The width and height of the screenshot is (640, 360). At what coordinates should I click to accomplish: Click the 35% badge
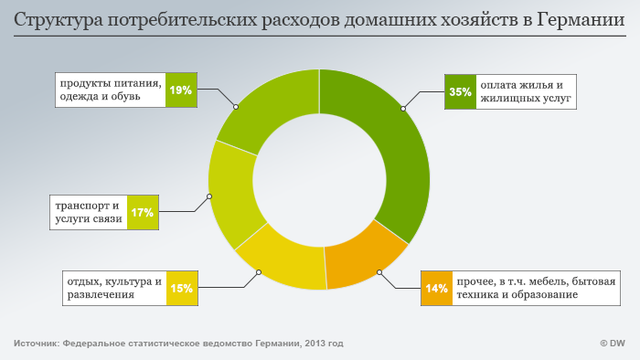coord(460,91)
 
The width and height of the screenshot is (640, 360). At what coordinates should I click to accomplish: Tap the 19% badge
coord(180,90)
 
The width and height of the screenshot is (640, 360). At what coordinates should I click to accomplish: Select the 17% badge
coord(142,213)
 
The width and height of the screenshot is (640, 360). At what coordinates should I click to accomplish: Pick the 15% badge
coord(181,289)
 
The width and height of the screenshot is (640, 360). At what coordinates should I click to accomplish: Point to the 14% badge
coord(436,289)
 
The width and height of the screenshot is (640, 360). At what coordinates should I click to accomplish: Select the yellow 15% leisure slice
coord(283,266)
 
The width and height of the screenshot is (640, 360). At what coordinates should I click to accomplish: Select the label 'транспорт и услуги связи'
coord(88,213)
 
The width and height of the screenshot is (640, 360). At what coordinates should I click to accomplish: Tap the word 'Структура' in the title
coord(54,19)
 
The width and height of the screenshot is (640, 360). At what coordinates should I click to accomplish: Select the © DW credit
coord(612,344)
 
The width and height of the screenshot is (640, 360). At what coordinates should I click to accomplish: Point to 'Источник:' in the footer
coord(36,344)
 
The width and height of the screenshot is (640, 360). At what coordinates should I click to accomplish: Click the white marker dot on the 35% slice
coord(402,109)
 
